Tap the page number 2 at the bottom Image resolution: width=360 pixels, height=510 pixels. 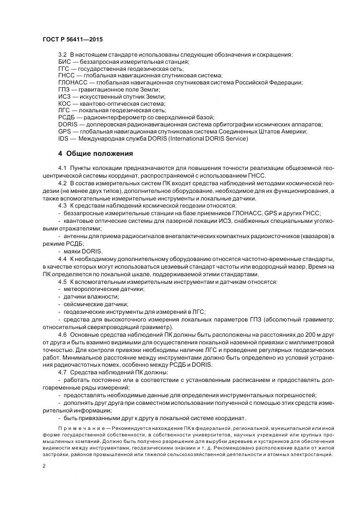[x=44, y=466]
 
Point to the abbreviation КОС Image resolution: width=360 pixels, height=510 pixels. [x=64, y=103]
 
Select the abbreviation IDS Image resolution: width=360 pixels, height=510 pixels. [x=63, y=138]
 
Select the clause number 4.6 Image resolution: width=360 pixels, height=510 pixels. [x=62, y=333]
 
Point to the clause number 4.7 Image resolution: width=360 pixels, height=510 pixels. [x=62, y=372]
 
